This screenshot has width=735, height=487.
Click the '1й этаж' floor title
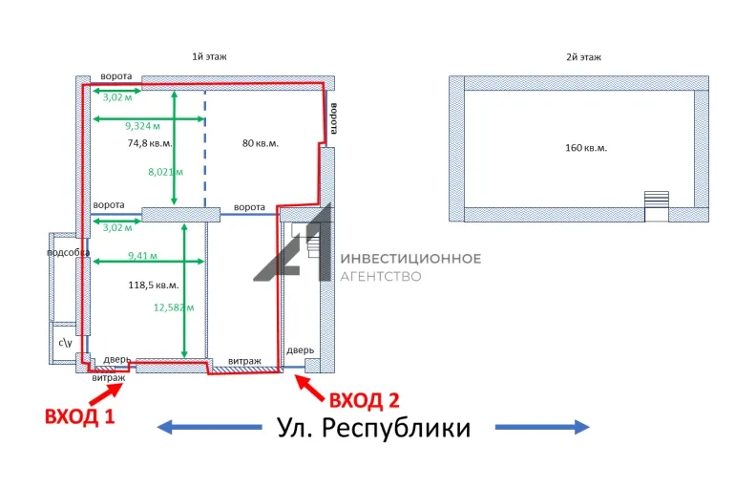pyautogui.click(x=210, y=57)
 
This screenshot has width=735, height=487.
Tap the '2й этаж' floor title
pyautogui.click(x=583, y=57)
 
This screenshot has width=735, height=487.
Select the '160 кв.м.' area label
pyautogui.click(x=586, y=148)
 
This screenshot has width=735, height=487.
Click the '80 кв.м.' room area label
pyautogui.click(x=261, y=143)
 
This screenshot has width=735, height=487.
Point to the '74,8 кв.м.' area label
pyautogui.click(x=150, y=143)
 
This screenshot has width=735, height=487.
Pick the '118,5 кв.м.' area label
pyautogui.click(x=154, y=285)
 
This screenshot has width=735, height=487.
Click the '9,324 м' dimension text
pyautogui.click(x=142, y=125)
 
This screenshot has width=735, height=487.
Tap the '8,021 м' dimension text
pyautogui.click(x=165, y=172)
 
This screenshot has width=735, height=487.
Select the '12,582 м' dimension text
pyautogui.click(x=174, y=307)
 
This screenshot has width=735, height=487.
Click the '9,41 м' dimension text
pyautogui.click(x=143, y=256)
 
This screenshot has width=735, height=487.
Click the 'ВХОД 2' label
pyautogui.click(x=364, y=399)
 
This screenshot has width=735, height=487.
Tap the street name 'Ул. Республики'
pyautogui.click(x=373, y=428)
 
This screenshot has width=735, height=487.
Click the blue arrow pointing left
pyautogui.click(x=210, y=427)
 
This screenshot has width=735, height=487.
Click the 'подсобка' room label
pyautogui.click(x=69, y=252)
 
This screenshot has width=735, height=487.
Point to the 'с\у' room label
pyautogui.click(x=65, y=341)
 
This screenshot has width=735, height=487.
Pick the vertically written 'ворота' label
pyautogui.click(x=334, y=119)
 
